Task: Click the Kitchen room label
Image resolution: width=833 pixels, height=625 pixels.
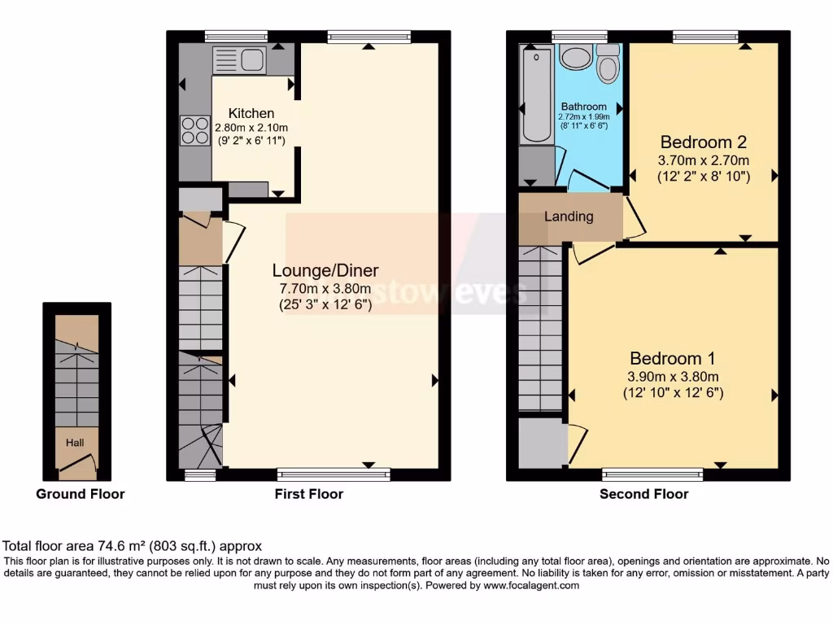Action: click(251, 113)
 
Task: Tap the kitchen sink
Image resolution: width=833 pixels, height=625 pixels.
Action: click(239, 59)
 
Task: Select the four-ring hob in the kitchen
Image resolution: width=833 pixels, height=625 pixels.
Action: click(195, 130)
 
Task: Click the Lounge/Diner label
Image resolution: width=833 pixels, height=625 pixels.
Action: click(325, 271)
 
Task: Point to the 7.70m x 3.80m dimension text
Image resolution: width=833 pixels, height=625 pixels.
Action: click(325, 289)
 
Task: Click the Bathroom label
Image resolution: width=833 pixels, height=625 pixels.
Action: click(583, 107)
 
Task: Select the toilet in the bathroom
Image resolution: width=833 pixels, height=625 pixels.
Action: click(608, 63)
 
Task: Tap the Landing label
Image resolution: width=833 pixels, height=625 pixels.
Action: click(569, 216)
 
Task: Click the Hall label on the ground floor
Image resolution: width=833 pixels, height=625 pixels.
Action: click(75, 443)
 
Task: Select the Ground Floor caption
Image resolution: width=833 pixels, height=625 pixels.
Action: click(80, 494)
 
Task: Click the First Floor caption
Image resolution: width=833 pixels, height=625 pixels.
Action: click(308, 494)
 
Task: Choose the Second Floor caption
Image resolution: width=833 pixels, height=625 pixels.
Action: click(643, 494)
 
